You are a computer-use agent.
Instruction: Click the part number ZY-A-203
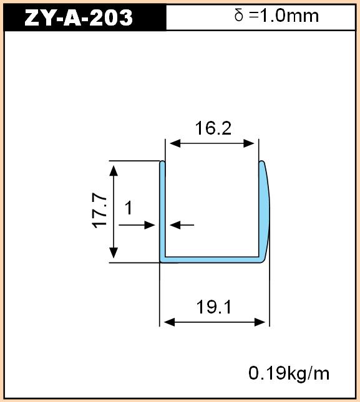[x=78, y=17]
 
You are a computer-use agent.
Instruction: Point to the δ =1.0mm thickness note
[x=276, y=16]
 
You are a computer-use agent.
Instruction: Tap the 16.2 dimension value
[x=213, y=128]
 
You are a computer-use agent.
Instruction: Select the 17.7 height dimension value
[x=99, y=210]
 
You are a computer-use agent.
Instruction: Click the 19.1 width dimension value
[x=214, y=307]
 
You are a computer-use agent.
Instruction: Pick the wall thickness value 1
[x=129, y=208]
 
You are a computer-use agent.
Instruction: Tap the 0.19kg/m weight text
[x=289, y=373]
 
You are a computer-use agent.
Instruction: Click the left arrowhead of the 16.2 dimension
[x=175, y=143]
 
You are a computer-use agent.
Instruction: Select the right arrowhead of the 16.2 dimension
[x=249, y=143]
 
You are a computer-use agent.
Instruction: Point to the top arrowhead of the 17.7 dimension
[x=114, y=171]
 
